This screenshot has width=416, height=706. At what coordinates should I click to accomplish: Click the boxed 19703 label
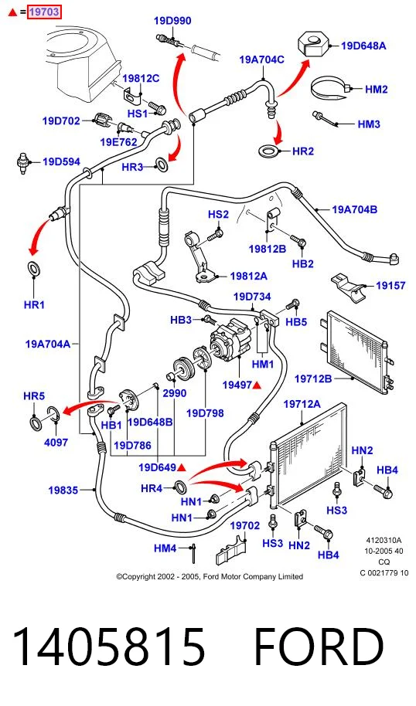(44, 12)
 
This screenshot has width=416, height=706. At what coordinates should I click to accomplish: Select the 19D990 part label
(172, 21)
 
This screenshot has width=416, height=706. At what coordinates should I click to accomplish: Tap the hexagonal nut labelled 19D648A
(313, 43)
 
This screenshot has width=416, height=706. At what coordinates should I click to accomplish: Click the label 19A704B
(355, 209)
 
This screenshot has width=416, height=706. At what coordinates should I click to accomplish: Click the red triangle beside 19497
(257, 385)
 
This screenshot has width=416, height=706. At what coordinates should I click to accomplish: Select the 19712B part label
(313, 378)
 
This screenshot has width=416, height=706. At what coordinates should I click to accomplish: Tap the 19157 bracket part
(350, 286)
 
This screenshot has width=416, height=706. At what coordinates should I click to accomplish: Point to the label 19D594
(61, 161)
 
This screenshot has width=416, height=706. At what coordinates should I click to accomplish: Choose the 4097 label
(56, 442)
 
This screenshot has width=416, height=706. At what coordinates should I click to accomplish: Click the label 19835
(63, 490)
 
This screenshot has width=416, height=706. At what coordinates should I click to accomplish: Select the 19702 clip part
(231, 550)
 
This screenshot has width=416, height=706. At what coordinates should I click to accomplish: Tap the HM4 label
(165, 548)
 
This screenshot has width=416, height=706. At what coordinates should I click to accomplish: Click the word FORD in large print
(319, 646)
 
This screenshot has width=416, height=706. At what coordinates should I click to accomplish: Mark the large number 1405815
(108, 646)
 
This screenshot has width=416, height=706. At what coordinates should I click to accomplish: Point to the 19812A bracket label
(248, 276)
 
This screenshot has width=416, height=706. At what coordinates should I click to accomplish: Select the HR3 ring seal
(162, 164)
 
